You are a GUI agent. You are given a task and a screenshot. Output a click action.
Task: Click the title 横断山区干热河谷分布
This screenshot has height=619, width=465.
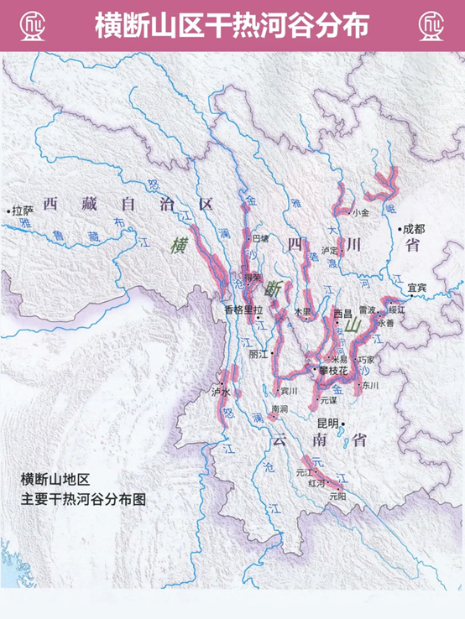[x=232, y=25]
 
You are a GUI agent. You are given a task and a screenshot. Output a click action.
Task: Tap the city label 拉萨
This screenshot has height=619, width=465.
[x=22, y=212]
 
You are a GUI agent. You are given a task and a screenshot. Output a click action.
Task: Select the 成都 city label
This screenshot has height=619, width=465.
[x=414, y=227]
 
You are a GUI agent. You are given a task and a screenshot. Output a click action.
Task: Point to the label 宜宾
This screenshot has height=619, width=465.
[x=417, y=288]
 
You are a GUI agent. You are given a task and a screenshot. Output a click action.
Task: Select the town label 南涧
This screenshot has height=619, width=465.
[x=279, y=409]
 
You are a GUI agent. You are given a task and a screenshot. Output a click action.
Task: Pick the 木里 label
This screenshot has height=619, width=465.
[x=303, y=311]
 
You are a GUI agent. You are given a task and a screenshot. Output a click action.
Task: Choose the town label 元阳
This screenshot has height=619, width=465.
[x=337, y=496]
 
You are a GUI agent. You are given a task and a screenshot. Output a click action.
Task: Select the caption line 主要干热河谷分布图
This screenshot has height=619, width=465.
[x=84, y=497]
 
